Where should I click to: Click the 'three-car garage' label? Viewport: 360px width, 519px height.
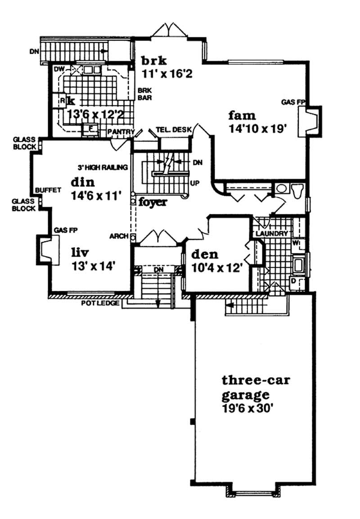pyautogui.click(x=256, y=388)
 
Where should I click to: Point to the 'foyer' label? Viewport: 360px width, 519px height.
pyautogui.click(x=153, y=202)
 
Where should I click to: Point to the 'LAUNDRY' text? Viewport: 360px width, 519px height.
pyautogui.click(x=272, y=234)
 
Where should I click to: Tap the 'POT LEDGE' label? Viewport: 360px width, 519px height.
pyautogui.click(x=100, y=303)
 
